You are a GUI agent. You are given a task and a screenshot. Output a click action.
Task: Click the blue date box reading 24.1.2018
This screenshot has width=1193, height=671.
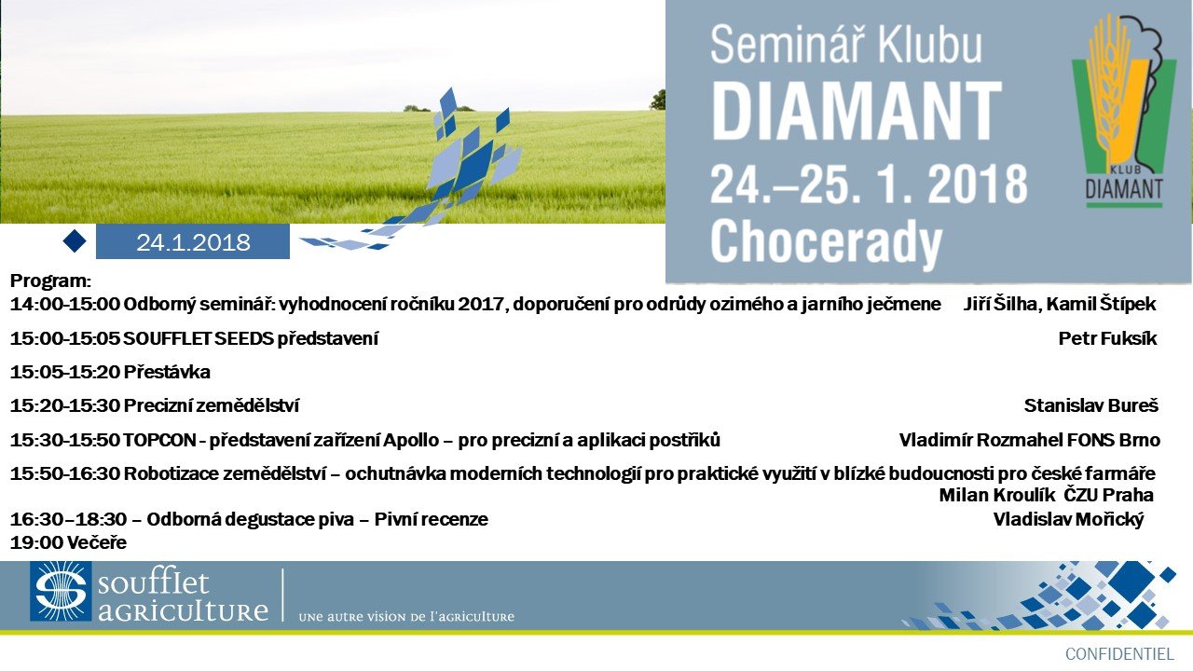point(193,241)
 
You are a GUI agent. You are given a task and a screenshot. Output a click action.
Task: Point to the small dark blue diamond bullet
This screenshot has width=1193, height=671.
point(75,240)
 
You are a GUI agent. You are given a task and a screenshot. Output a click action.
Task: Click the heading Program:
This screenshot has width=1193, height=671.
point(50,281)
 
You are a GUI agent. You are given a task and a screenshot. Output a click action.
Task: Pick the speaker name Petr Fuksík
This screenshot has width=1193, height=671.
point(1108,338)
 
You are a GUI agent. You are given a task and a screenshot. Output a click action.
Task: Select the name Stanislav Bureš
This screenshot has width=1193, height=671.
point(1090,405)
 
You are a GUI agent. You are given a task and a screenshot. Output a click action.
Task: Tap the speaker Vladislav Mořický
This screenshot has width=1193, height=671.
point(1068,519)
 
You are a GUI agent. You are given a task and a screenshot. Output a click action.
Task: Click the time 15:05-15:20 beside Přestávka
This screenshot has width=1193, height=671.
point(64,372)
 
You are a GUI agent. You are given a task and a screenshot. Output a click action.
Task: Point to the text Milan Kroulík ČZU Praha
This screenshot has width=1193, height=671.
point(1046,495)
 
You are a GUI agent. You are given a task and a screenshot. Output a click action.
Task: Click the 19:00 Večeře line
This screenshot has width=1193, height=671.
point(68,542)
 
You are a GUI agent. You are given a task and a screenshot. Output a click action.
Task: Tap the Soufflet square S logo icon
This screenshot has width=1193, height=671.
point(61,591)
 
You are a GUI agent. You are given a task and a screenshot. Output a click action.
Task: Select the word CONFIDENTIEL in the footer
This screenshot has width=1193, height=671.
point(1119,654)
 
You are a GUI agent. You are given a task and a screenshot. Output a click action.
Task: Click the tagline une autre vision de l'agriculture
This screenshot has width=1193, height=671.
point(406,617)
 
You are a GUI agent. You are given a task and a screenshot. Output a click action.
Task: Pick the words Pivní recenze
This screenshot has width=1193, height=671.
point(431,519)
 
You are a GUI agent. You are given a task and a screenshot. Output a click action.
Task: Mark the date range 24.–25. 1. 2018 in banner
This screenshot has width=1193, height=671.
point(868,184)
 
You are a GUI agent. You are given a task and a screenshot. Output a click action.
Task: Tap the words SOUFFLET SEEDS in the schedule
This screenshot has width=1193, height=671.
point(199,338)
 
